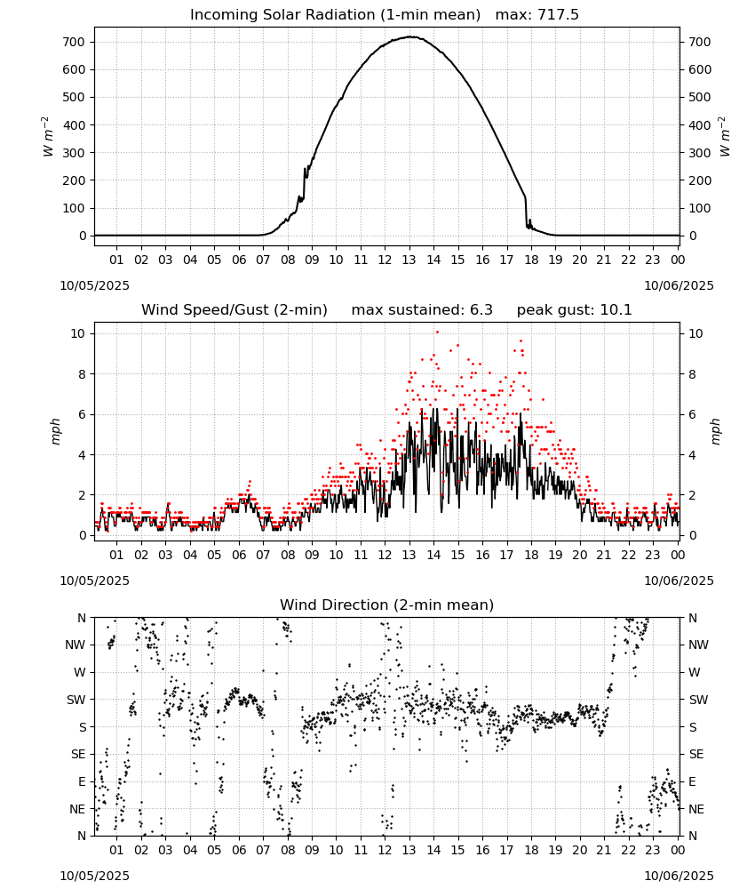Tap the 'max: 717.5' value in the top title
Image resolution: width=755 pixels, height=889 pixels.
[537, 15]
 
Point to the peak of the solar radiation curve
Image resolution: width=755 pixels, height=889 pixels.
[410, 36]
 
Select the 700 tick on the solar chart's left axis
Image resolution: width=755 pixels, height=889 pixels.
[74, 42]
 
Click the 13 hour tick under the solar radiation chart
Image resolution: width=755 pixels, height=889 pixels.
[409, 260]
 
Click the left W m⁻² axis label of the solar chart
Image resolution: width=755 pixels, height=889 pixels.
[48, 137]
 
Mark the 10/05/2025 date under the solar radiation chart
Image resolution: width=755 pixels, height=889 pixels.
[94, 285]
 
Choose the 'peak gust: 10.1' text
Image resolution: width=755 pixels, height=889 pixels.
[574, 310]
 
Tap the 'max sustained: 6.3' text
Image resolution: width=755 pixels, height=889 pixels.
[422, 310]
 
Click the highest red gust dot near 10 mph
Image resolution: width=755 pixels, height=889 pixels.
[437, 332]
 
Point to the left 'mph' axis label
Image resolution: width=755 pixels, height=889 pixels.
[55, 431]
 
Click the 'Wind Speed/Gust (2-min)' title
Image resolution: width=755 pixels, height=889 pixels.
[234, 310]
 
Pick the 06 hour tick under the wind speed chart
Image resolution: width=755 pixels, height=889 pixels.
[238, 555]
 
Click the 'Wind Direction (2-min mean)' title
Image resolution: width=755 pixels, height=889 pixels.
[387, 605]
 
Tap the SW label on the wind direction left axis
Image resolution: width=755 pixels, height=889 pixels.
[75, 700]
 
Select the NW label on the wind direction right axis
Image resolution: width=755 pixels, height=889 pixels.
[698, 645]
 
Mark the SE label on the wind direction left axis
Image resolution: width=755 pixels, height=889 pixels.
[78, 754]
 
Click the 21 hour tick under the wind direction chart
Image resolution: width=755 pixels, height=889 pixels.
[604, 850]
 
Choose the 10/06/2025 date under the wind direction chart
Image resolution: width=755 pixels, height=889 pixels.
[679, 876]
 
